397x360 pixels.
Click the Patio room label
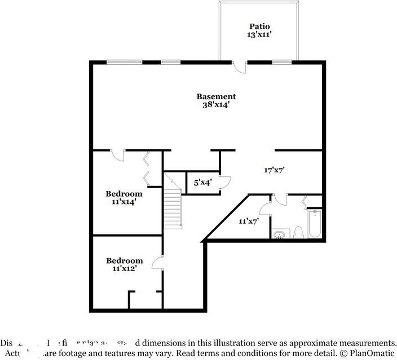click(260, 26)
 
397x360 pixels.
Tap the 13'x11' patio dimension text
click(260, 35)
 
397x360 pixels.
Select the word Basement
click(216, 96)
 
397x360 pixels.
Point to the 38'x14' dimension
click(216, 104)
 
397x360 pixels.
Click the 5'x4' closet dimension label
click(203, 183)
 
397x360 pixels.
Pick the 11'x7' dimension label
click(248, 221)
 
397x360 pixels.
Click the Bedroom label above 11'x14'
click(124, 194)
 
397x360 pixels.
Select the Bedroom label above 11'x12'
click(125, 261)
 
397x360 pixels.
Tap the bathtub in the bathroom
click(315, 225)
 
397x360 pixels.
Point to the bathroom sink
click(279, 234)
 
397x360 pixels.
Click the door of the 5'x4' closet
click(226, 181)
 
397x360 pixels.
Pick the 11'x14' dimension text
click(124, 202)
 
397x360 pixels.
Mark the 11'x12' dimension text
click(125, 269)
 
